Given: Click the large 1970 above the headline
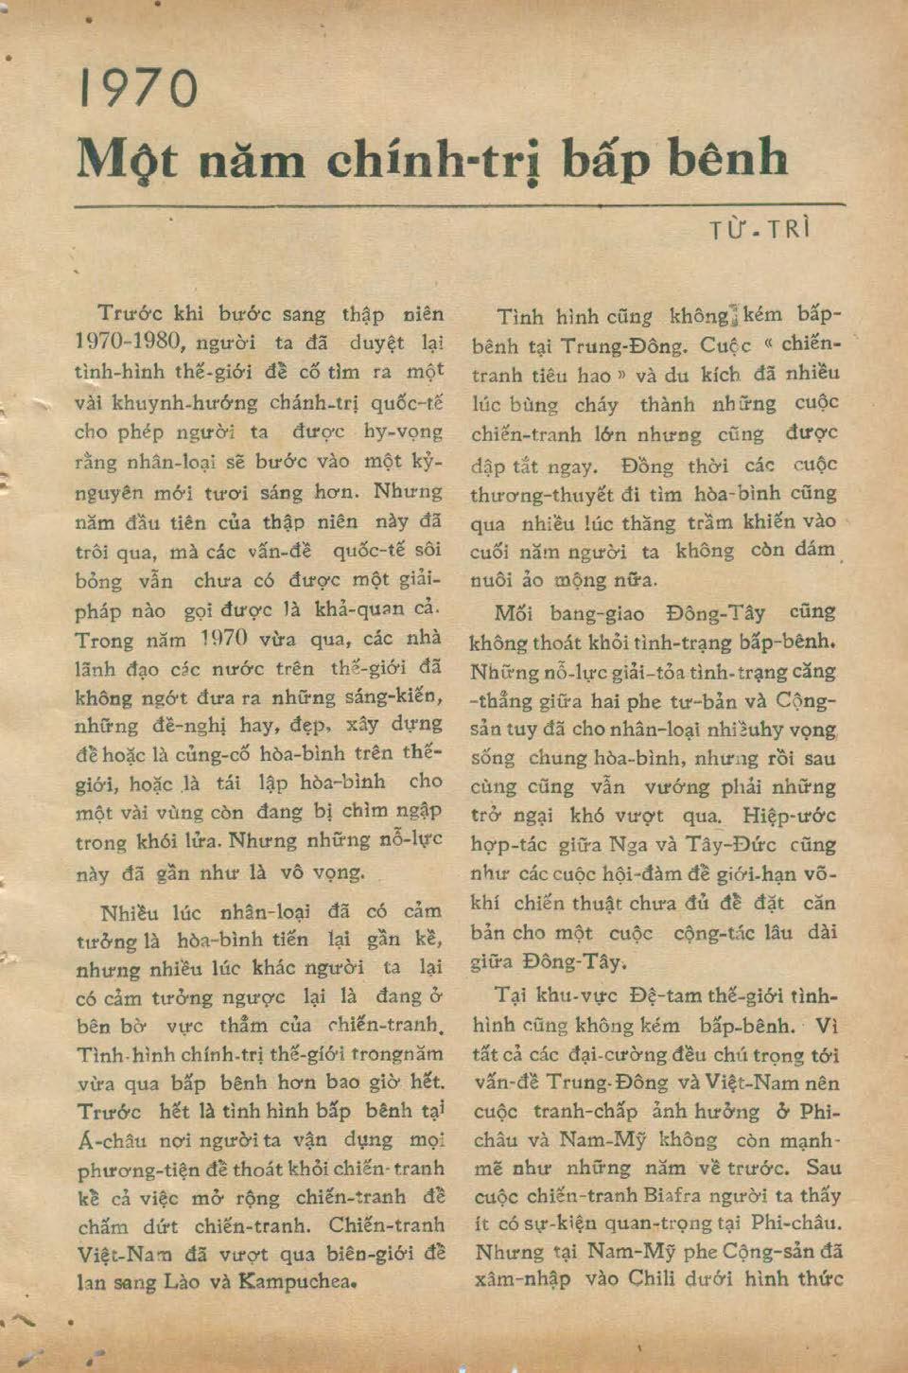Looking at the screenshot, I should [x=139, y=89].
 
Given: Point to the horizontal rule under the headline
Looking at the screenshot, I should [x=460, y=204].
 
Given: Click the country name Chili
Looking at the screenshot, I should [x=674, y=1279].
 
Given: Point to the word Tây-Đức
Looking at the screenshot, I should [x=742, y=845].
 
